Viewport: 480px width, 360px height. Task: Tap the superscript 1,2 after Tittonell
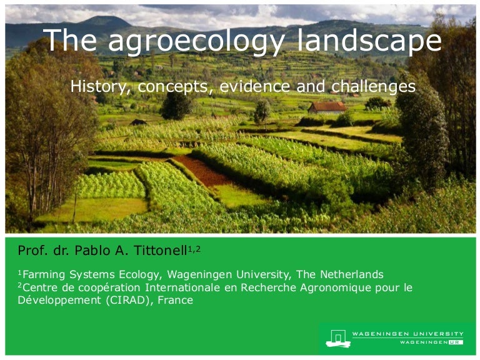tap(194, 249)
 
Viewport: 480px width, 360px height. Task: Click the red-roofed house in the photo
tap(327, 109)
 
